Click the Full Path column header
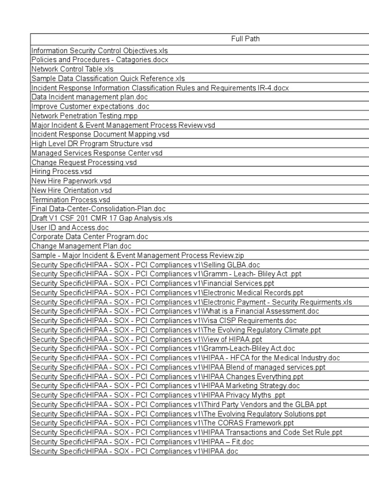click(x=245, y=39)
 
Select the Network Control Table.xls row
click(x=72, y=69)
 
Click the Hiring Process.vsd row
click(x=61, y=172)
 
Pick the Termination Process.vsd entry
click(x=71, y=199)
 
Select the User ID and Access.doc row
click(x=70, y=227)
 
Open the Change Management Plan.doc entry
click(x=81, y=246)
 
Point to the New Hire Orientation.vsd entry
click(x=71, y=190)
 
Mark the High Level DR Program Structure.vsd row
click(x=92, y=143)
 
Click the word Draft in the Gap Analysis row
click(x=39, y=218)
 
